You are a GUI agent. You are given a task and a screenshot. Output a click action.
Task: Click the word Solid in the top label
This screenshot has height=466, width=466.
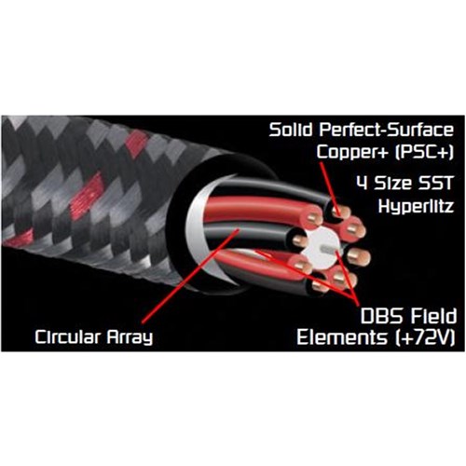click(291, 130)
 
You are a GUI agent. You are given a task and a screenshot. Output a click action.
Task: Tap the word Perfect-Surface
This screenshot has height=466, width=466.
click(386, 130)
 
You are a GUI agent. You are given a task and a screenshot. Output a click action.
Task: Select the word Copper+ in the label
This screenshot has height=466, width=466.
click(352, 152)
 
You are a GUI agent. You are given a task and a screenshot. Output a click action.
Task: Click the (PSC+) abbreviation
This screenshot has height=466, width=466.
click(424, 152)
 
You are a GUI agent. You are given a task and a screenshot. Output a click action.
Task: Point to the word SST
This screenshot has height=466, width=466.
click(436, 183)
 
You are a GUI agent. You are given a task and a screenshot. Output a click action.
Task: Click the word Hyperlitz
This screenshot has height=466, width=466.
click(416, 206)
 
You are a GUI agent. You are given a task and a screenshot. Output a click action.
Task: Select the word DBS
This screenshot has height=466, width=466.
click(381, 316)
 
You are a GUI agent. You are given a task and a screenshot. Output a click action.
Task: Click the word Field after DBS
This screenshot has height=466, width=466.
click(433, 316)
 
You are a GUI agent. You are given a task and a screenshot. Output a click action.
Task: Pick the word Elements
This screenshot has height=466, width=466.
click(342, 337)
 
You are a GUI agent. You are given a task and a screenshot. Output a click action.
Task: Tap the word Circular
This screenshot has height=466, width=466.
click(67, 336)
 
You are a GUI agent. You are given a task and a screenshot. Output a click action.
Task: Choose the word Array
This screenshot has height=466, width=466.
click(130, 337)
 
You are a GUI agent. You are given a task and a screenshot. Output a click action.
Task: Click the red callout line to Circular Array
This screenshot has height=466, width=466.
click(190, 276)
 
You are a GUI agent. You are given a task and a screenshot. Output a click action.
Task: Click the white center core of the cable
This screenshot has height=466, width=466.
click(323, 249)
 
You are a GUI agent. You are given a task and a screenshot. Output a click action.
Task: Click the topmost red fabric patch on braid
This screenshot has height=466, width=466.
click(136, 144)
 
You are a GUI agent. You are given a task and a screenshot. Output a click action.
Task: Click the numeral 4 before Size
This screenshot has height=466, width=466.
click(363, 183)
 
